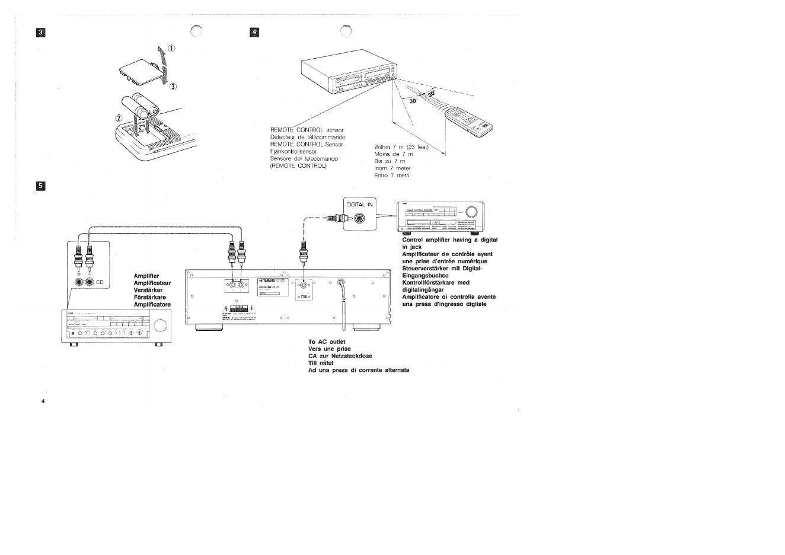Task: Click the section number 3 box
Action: click(x=41, y=32)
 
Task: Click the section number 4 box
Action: click(x=255, y=32)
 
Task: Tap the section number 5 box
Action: click(x=41, y=186)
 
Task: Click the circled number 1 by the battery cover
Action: click(x=171, y=49)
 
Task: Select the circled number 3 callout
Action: click(x=174, y=87)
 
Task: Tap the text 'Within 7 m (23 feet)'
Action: click(x=401, y=146)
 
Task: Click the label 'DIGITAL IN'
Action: click(x=360, y=204)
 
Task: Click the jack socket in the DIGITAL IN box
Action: click(x=360, y=219)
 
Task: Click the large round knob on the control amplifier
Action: click(x=472, y=212)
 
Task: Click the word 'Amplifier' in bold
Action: click(x=146, y=276)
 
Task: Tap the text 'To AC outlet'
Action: click(x=326, y=342)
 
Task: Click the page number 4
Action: click(x=43, y=401)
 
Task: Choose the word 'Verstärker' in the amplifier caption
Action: click(x=148, y=290)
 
